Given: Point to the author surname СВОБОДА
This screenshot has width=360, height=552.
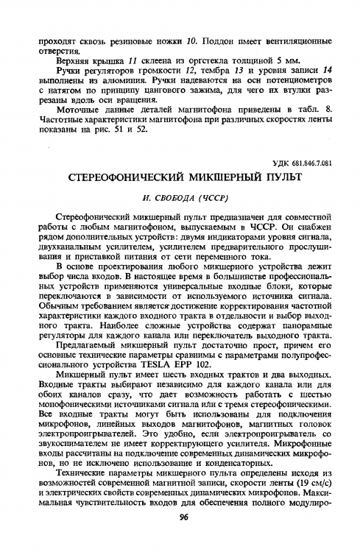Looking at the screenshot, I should click(x=169, y=198).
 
